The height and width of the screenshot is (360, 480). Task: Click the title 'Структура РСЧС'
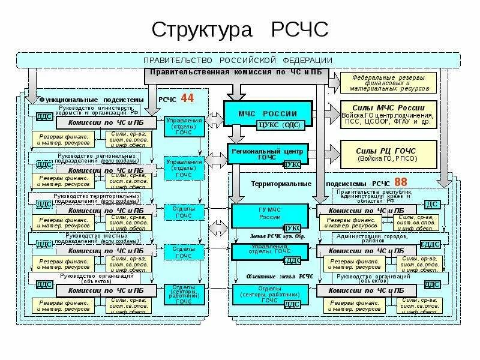tap(239, 29)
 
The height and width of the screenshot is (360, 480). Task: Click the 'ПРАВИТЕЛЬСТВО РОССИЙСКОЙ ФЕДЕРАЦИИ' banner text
tap(238, 61)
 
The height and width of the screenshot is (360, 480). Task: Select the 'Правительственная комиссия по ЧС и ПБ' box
tap(236, 73)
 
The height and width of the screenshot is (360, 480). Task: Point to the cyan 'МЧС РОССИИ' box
tap(268, 113)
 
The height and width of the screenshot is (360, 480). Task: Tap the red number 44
tap(187, 98)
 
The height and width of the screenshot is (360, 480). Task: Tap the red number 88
tap(400, 181)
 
